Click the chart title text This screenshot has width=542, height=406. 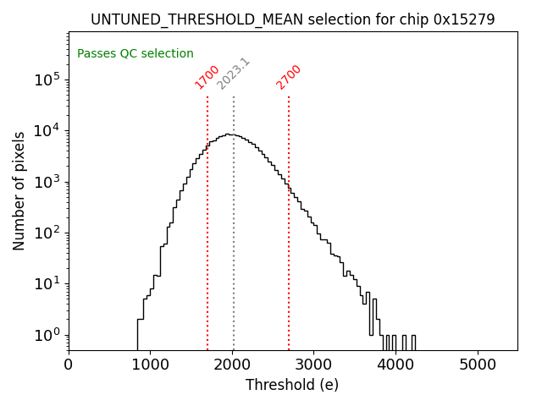coord(292,19)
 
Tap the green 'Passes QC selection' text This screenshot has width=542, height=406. coord(135,53)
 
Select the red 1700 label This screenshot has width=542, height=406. coord(207,77)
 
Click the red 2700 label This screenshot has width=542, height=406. coord(289,77)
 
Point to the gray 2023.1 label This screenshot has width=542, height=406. coord(234,74)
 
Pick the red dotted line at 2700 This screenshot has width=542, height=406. coord(289,254)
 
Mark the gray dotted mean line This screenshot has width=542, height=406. coord(234,254)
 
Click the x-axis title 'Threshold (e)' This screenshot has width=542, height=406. coord(292,385)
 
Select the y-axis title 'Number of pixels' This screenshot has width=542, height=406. coord(19,190)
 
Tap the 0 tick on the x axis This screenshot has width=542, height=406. coord(69,365)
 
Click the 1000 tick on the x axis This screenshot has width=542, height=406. coord(150,365)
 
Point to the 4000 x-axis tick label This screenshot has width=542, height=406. coord(395,365)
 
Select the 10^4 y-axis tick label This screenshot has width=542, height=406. coord(47,131)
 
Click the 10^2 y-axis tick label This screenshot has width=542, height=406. coord(47,233)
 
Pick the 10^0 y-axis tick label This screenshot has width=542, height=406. coord(47,336)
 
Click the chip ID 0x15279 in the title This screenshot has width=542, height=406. coord(465,19)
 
